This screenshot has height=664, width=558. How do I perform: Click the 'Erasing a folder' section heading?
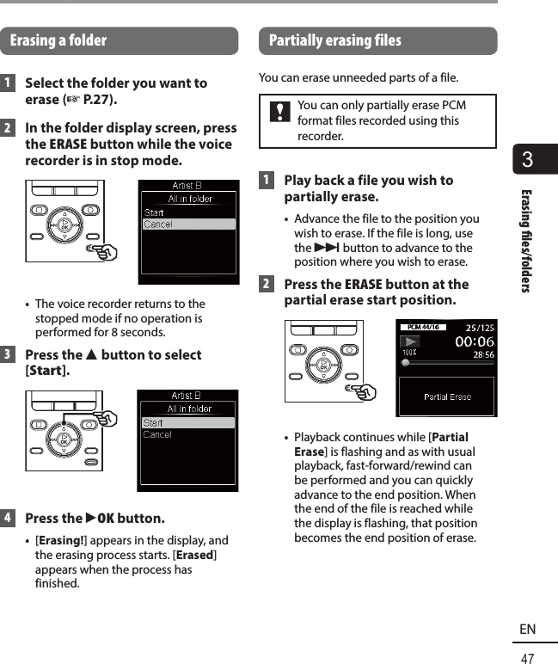coord(58,40)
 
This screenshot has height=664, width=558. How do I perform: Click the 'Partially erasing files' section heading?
coord(334,40)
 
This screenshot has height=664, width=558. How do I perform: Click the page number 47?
coord(527,657)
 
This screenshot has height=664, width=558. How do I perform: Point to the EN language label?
coord(527,629)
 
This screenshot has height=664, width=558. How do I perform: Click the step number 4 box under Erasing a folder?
coord(8,519)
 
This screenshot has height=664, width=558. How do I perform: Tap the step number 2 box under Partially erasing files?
coord(267,285)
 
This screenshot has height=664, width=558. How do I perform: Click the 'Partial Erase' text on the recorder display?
coord(447,397)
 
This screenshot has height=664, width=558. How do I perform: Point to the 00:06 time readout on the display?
coord(475,341)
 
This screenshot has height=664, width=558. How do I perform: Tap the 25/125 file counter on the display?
coord(480,328)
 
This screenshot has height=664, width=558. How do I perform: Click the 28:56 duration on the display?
coord(483,354)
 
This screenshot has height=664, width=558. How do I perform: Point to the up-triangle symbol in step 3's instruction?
coord(92,355)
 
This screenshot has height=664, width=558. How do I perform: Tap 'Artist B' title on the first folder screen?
coord(187,186)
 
